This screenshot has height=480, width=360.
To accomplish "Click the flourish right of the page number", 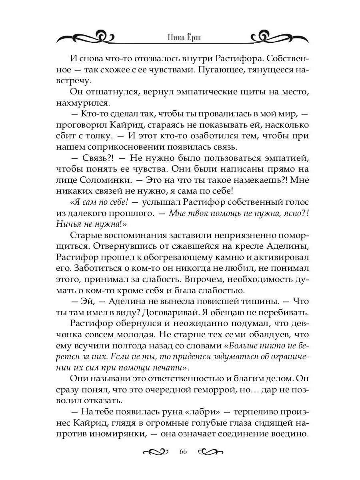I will (x=210, y=452).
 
